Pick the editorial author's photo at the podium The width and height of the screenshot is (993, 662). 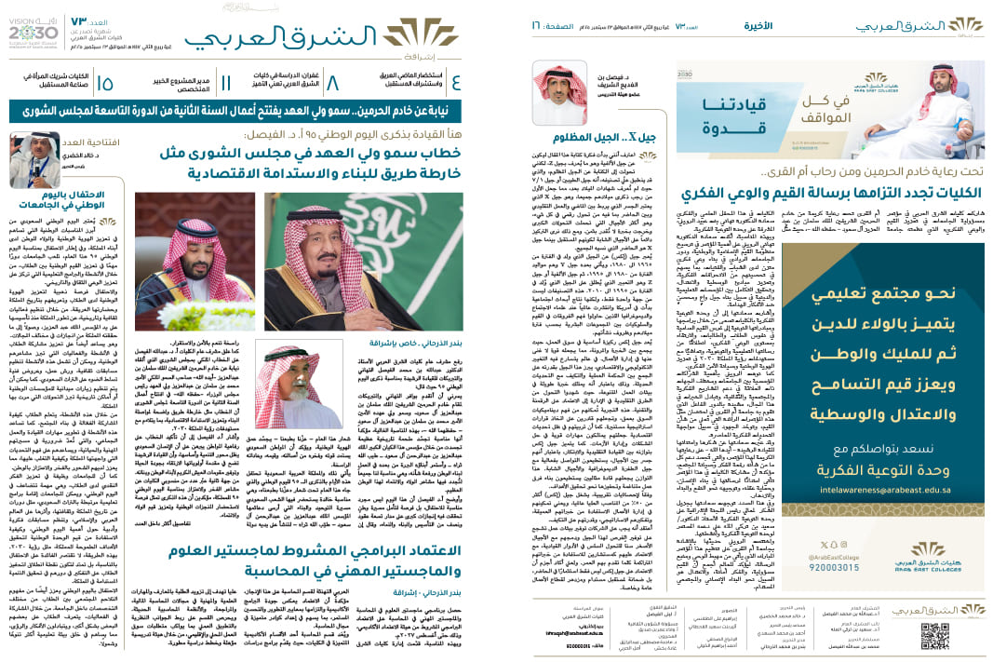click(34, 159)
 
